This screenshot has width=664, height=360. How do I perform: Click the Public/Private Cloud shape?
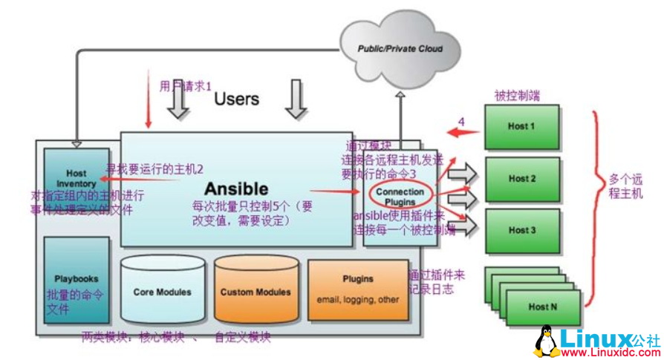399,49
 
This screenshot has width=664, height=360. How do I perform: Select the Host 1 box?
521,126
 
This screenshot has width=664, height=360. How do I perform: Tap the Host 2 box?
522,178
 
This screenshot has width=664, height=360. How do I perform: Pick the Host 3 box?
522,230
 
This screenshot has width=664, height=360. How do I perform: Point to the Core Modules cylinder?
162,292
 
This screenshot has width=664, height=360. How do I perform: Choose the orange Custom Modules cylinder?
255,292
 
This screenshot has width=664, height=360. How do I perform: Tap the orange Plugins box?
357,289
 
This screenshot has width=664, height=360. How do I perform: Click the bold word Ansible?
236,189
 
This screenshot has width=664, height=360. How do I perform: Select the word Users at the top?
236,99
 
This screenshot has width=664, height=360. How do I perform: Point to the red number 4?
460,122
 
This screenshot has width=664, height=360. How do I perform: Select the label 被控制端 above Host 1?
517,96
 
